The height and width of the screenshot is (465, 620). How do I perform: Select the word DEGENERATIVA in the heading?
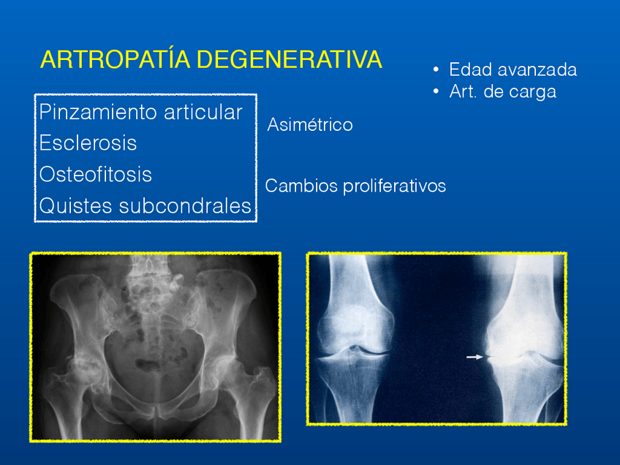(x=289, y=60)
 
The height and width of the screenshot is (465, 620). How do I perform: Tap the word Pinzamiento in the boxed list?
(x=99, y=112)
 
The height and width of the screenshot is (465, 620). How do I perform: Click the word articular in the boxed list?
(x=203, y=112)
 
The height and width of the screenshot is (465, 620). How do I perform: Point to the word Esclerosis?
(x=88, y=143)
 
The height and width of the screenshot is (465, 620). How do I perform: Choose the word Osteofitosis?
(x=95, y=174)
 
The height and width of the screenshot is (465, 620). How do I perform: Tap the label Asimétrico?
(x=310, y=124)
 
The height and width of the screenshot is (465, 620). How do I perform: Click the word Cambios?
(x=301, y=186)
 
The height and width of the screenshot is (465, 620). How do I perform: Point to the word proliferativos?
(x=394, y=186)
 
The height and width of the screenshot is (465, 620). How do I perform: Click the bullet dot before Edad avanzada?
(x=436, y=69)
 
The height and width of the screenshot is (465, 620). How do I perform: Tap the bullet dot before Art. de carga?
(x=436, y=91)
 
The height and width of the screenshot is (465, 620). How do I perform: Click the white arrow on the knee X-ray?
(x=475, y=357)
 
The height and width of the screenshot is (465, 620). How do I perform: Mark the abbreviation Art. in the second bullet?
(x=463, y=91)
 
